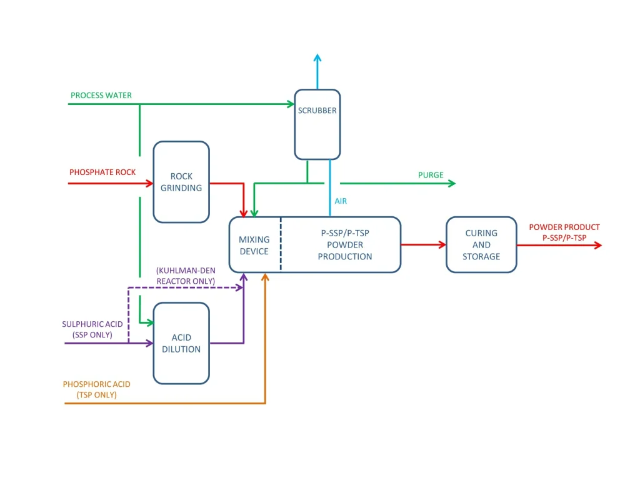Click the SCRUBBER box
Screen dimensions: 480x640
click(x=317, y=124)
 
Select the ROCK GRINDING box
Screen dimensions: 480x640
click(x=181, y=182)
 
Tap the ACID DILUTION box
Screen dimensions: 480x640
click(x=181, y=343)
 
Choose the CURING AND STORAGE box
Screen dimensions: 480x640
click(x=481, y=245)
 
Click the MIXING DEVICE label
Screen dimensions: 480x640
click(x=254, y=245)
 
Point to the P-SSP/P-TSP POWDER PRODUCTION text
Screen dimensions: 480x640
click(x=344, y=244)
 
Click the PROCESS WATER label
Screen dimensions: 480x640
click(x=101, y=96)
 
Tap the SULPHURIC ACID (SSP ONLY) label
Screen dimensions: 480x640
click(x=92, y=329)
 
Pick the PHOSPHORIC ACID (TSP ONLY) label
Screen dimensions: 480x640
click(x=96, y=389)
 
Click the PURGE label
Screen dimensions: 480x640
click(x=431, y=175)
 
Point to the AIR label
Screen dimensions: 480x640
click(x=340, y=201)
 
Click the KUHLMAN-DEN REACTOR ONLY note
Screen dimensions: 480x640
click(x=186, y=276)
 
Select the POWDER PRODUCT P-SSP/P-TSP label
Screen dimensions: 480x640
click(x=564, y=232)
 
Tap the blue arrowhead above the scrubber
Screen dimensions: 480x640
click(x=317, y=58)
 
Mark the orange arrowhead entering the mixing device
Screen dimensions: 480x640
click(x=266, y=277)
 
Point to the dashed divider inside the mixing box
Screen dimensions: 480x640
click(x=281, y=244)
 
